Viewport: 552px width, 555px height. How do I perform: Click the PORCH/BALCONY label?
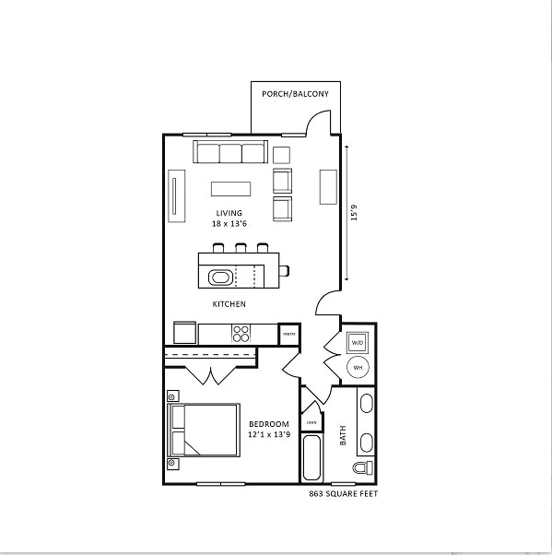click(295, 94)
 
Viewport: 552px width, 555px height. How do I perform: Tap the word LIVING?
click(229, 213)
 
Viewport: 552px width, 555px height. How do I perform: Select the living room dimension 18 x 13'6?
click(229, 224)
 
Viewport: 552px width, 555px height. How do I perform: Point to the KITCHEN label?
click(229, 303)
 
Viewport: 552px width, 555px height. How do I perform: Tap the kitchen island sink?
click(222, 276)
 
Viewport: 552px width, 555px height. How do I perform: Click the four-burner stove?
click(241, 333)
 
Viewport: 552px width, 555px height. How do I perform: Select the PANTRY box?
click(288, 334)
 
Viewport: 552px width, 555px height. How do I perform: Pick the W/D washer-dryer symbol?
click(358, 342)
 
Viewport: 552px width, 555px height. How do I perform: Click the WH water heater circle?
click(358, 368)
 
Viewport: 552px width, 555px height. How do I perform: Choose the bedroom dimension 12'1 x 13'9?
click(268, 435)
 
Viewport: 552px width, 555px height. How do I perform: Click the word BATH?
click(343, 435)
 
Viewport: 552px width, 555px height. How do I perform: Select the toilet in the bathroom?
click(364, 467)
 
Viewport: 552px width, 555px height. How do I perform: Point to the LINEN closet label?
click(311, 422)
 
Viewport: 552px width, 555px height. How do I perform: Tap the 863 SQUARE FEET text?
click(343, 494)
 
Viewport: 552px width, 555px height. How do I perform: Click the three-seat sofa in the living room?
click(229, 152)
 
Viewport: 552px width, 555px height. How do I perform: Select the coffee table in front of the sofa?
click(230, 188)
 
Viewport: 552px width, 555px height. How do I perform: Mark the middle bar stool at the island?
click(241, 248)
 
